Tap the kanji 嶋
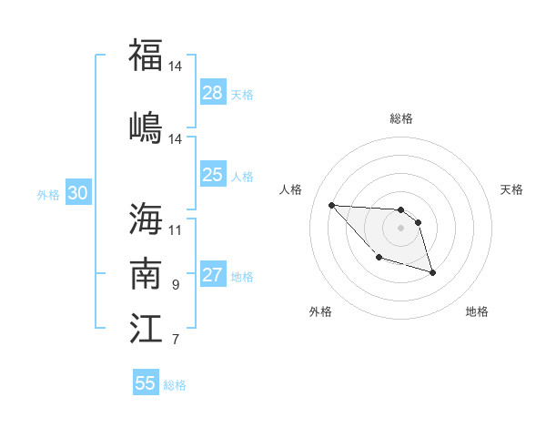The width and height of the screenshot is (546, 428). (146, 127)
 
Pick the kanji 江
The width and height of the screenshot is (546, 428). (146, 327)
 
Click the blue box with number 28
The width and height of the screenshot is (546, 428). (213, 93)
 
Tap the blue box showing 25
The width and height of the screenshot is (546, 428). (213, 175)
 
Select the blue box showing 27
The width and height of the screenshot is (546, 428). (213, 275)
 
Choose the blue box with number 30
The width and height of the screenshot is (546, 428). (78, 193)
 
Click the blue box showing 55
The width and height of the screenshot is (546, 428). (146, 383)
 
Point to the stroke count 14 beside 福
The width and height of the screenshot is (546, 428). (176, 66)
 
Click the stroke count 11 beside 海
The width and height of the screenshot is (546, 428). (176, 229)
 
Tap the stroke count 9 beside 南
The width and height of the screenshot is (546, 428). (176, 285)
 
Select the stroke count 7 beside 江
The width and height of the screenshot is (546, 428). (176, 340)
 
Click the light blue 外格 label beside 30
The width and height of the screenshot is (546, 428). (48, 195)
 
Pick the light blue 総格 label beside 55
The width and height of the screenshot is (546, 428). (175, 385)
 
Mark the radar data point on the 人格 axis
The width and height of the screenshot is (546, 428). (331, 204)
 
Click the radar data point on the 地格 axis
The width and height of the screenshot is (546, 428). (432, 272)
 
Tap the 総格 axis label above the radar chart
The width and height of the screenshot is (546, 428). (400, 118)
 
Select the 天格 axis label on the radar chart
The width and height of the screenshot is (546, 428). (512, 189)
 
